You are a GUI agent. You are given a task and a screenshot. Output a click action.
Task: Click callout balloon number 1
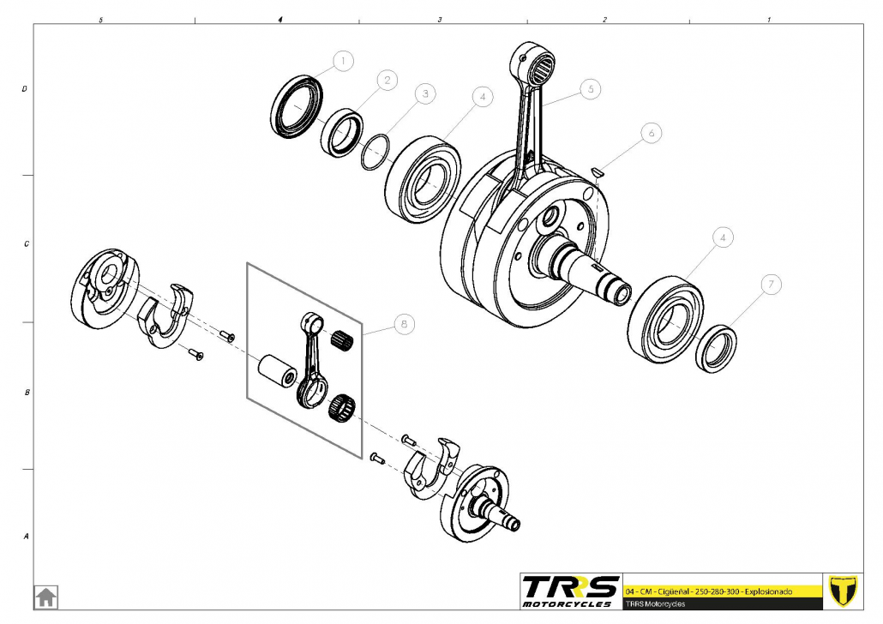pyautogui.click(x=343, y=61)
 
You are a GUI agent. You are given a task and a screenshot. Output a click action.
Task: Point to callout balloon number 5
pyautogui.click(x=590, y=87)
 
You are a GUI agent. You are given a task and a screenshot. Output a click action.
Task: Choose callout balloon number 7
pyautogui.click(x=771, y=284)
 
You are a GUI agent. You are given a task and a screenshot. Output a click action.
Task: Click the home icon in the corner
pyautogui.click(x=45, y=596)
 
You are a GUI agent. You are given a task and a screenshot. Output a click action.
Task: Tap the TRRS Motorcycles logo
pyautogui.click(x=570, y=591)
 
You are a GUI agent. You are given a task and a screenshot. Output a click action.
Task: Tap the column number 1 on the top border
pyautogui.click(x=768, y=19)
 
